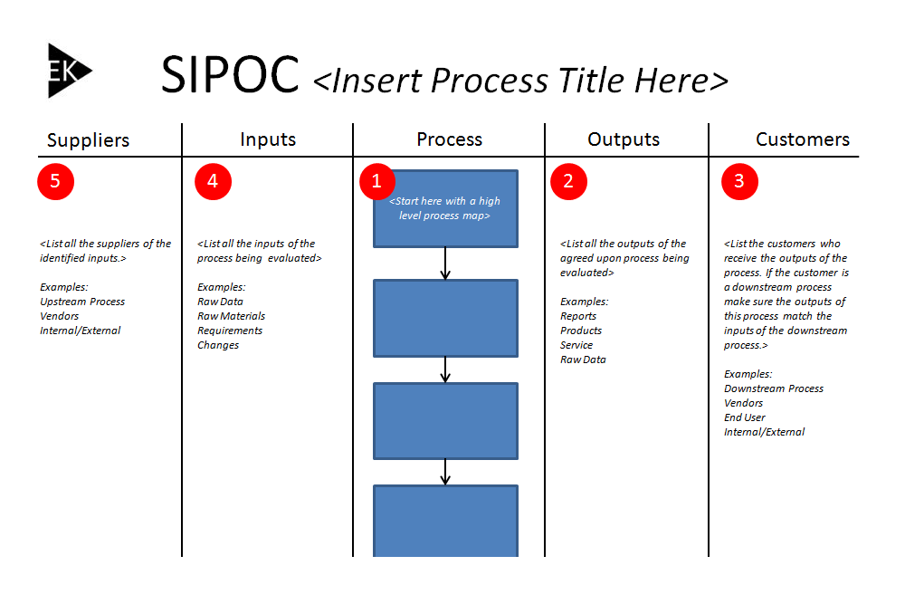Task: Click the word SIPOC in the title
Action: (x=230, y=74)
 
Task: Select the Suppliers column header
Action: (x=89, y=140)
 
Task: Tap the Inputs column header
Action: (x=268, y=139)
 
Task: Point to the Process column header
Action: (x=449, y=139)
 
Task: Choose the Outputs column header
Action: (x=624, y=139)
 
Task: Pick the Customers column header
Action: (x=802, y=139)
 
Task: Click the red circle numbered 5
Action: (x=55, y=181)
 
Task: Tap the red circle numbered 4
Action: (x=213, y=181)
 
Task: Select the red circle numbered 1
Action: (x=376, y=181)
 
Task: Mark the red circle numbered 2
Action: (x=568, y=181)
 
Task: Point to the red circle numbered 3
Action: (x=739, y=181)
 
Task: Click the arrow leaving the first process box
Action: (x=445, y=264)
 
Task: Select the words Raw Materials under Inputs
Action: (x=231, y=316)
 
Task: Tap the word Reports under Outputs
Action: (x=577, y=316)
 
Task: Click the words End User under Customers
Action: (x=745, y=417)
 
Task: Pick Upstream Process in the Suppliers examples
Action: (x=82, y=302)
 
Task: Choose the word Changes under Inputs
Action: (x=217, y=345)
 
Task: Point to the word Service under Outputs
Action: (x=576, y=345)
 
